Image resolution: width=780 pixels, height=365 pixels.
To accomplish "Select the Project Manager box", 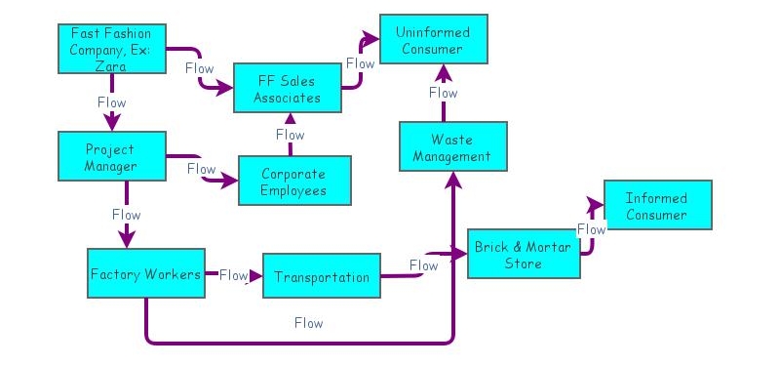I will (109, 157).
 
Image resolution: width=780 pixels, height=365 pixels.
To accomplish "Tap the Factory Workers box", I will (145, 274).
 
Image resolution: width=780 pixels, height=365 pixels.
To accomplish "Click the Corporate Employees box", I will (293, 182).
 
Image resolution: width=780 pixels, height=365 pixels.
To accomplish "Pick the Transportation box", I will (322, 277).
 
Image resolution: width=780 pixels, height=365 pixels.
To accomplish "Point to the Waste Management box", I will (452, 147).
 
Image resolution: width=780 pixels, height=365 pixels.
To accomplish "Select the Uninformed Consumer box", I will (432, 41).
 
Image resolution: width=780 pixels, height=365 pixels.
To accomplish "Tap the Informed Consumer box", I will (656, 207).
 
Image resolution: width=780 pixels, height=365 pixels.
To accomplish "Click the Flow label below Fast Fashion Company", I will (112, 101).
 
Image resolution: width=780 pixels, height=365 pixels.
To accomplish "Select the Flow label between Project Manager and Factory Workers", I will (126, 214).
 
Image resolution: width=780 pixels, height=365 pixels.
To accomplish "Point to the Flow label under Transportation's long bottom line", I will (308, 322).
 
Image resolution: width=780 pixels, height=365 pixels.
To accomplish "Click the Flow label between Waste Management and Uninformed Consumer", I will (443, 93).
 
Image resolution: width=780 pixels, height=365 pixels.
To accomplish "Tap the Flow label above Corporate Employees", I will (290, 135).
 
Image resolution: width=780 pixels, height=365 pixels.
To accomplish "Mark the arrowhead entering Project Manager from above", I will (112, 124).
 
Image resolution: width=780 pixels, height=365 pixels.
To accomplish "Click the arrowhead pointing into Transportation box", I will (255, 275).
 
